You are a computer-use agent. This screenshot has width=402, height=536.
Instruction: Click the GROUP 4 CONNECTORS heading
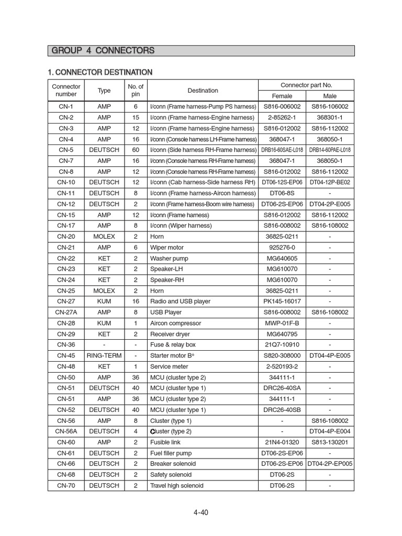tap(103, 51)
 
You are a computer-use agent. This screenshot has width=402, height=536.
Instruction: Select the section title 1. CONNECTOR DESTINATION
tap(100, 72)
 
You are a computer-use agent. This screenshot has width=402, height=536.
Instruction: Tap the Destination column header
tap(203, 91)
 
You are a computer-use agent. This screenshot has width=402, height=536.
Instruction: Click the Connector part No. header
tap(306, 85)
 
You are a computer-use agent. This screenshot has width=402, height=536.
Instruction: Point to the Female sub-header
tap(282, 96)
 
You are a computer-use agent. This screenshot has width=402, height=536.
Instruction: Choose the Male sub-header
tap(330, 96)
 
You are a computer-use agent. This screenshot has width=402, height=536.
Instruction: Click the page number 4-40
tap(200, 512)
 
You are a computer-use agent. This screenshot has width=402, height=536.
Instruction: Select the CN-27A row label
tap(66, 312)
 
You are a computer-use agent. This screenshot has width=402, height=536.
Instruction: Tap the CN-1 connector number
tap(66, 106)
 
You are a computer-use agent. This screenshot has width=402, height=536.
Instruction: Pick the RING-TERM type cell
tap(104, 355)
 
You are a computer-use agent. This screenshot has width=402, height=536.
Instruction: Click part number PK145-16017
tap(282, 301)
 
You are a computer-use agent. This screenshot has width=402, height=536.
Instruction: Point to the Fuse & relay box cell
tap(173, 344)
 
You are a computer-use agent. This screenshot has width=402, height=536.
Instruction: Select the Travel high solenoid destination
tap(176, 485)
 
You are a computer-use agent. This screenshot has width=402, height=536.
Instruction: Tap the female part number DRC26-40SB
tap(282, 409)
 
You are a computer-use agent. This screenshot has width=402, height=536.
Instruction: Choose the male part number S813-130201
tap(330, 442)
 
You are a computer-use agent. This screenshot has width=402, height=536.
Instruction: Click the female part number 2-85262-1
tap(282, 117)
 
